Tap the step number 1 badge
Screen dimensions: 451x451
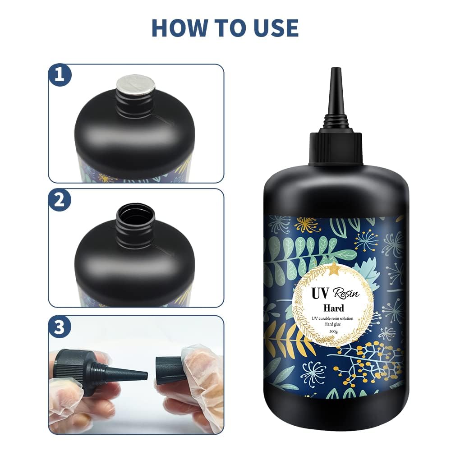[x=60, y=75]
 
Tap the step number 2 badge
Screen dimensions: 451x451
[x=60, y=200]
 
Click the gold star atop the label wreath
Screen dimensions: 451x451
[x=335, y=270]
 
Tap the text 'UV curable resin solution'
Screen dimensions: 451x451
[x=334, y=318]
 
